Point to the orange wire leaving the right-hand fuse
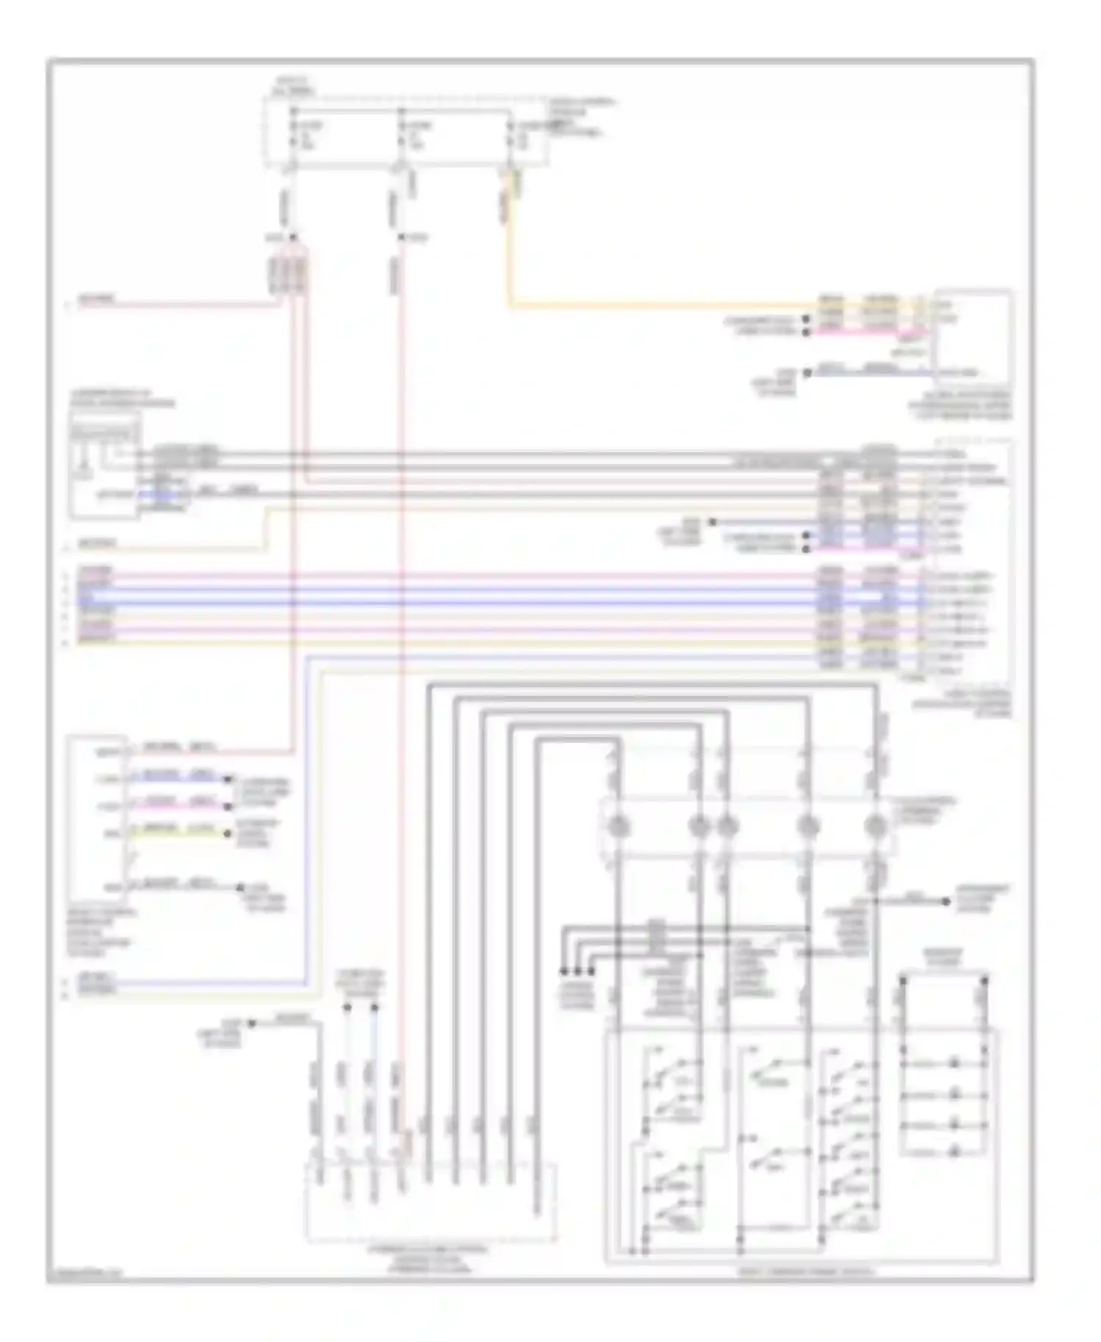click(509, 242)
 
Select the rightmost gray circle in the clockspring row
click(875, 827)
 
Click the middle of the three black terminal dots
click(578, 971)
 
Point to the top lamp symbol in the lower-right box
click(956, 1063)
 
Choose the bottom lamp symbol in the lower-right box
click(956, 1153)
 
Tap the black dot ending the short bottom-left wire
click(251, 1023)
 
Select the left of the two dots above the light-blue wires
click(347, 1008)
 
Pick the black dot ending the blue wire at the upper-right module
click(807, 372)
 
